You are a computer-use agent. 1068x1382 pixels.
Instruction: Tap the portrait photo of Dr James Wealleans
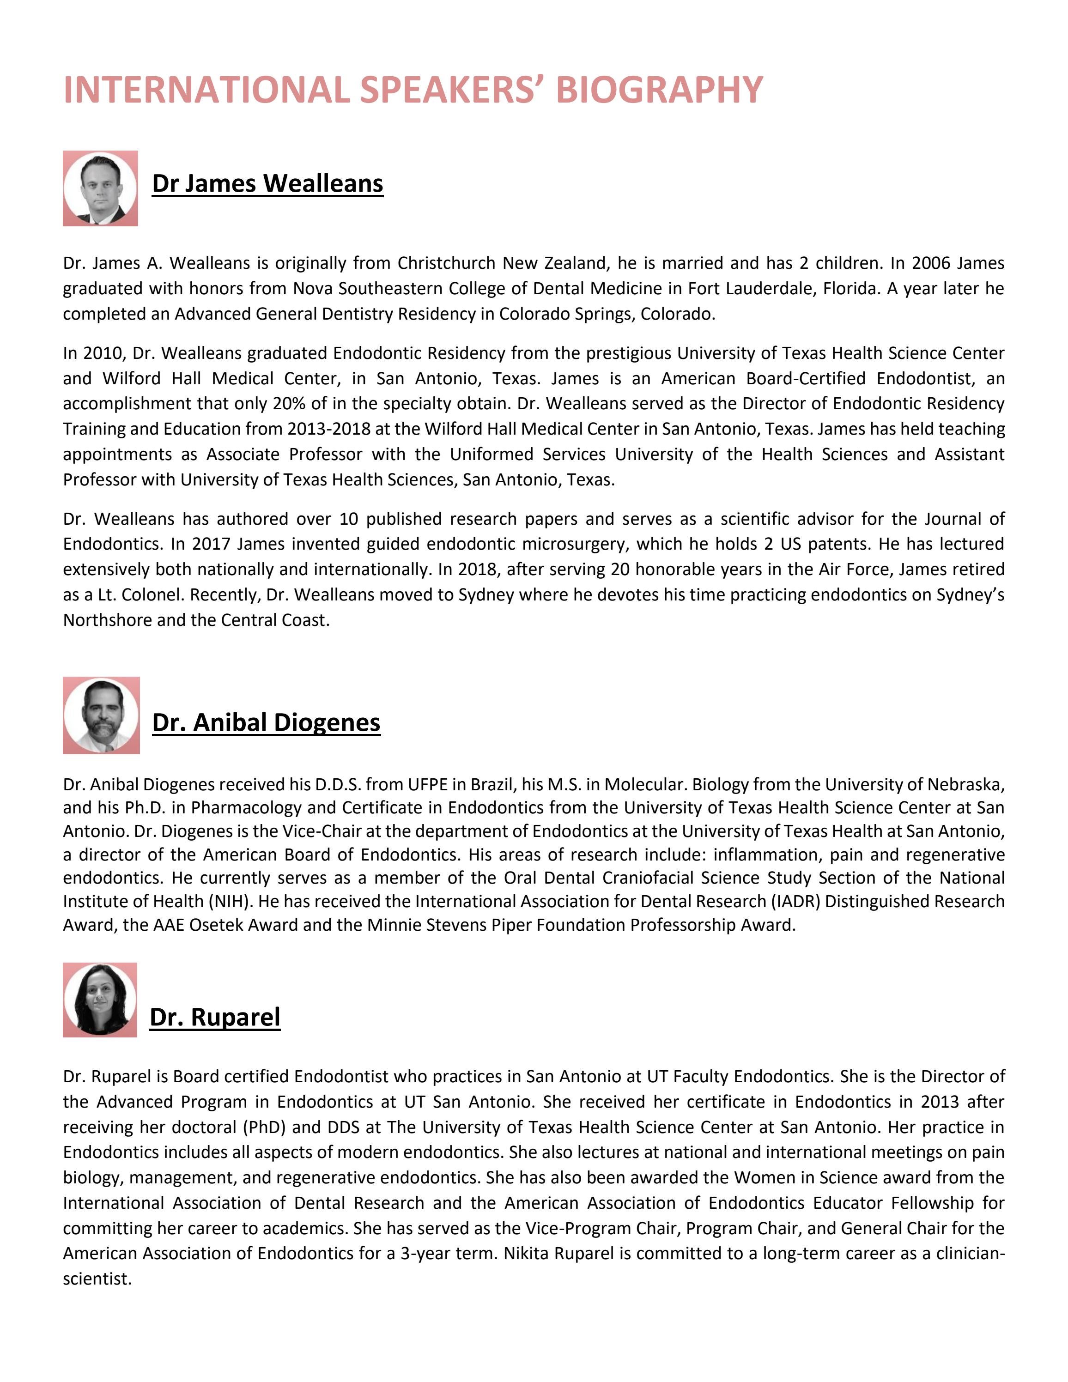coord(100,188)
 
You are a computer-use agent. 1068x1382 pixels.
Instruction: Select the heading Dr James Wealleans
coord(267,183)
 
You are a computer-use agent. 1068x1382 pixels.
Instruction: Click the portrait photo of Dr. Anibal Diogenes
coord(101,715)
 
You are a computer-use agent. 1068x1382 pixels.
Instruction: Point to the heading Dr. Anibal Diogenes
coord(267,722)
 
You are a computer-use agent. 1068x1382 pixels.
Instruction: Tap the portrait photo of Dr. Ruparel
coord(99,1000)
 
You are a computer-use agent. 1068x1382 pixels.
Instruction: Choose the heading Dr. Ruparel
coord(214,1017)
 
